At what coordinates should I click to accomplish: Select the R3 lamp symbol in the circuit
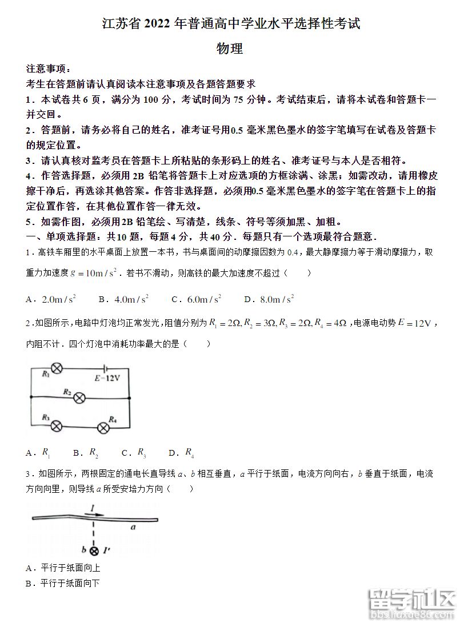(57, 425)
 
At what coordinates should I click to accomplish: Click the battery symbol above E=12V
(105, 368)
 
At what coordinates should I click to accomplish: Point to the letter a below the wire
(133, 528)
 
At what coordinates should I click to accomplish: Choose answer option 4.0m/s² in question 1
(123, 299)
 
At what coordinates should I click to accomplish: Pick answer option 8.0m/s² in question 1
(269, 299)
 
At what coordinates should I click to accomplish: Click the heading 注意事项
(48, 69)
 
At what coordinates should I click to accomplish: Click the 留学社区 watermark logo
(412, 604)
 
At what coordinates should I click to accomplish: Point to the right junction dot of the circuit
(130, 398)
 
